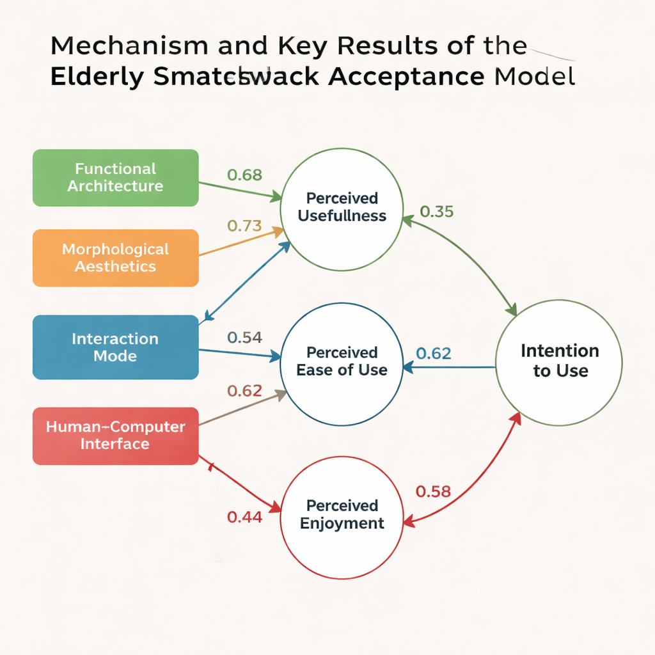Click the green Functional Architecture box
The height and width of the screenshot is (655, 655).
[x=115, y=178]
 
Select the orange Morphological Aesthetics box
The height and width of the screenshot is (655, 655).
[x=115, y=258]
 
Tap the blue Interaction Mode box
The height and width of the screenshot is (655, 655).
[x=115, y=347]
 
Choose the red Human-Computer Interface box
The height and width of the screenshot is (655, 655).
[x=115, y=436]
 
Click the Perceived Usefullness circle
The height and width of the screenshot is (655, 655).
[x=342, y=207]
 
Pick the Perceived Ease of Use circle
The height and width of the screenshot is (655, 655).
[x=342, y=361]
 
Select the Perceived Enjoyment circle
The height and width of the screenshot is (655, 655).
[x=342, y=515]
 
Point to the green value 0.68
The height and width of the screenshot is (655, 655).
[x=244, y=175]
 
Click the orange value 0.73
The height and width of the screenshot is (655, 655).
[x=244, y=226]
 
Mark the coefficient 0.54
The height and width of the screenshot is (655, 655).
[x=244, y=338]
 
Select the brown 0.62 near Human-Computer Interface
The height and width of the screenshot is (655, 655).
[x=244, y=391]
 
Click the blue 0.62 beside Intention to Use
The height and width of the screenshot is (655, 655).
[x=434, y=353]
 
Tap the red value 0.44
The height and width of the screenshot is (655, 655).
[x=244, y=517]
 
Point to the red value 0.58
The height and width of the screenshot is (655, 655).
[x=434, y=491]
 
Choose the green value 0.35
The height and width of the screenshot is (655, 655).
[x=436, y=212]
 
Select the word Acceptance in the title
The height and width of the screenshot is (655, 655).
[x=406, y=76]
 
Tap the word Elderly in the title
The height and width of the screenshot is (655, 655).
[x=95, y=76]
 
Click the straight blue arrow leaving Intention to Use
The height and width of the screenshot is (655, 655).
[x=451, y=367]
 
